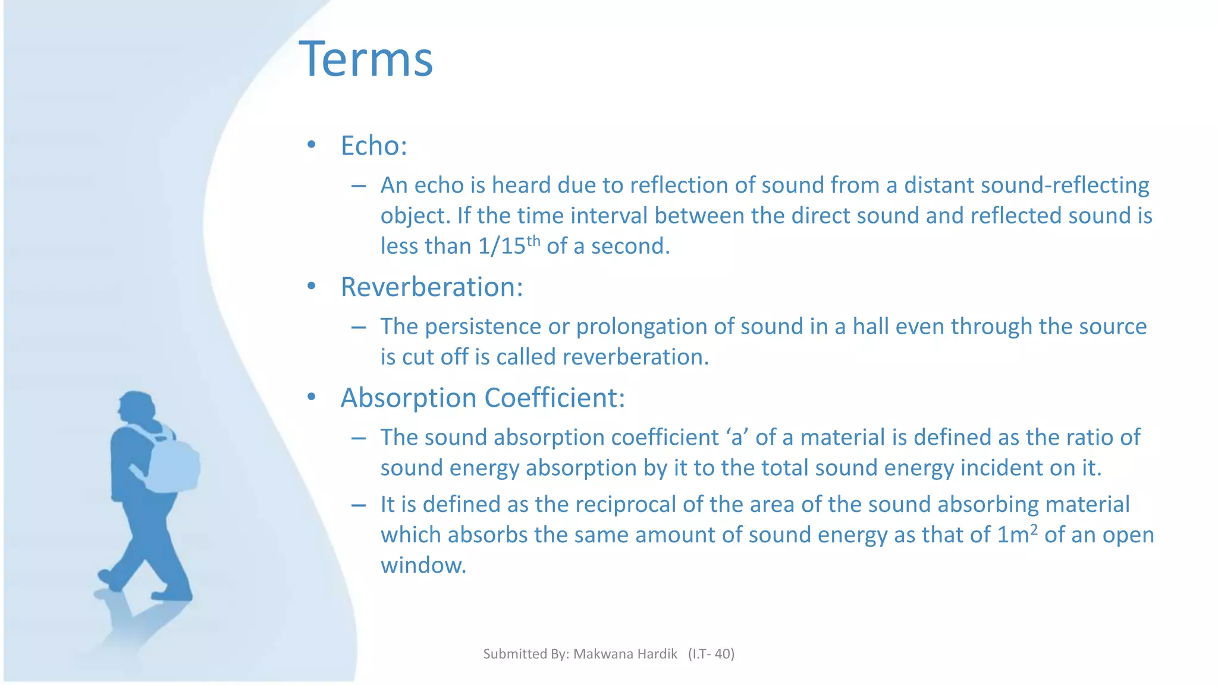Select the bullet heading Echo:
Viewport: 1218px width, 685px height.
[x=373, y=146]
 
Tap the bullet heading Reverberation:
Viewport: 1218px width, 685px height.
[x=431, y=287]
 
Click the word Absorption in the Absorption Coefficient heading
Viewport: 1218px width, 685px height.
[x=409, y=398]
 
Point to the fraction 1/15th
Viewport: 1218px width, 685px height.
[x=508, y=246]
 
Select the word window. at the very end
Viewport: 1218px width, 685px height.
[x=423, y=565]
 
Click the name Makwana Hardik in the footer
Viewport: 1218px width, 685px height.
[x=625, y=654]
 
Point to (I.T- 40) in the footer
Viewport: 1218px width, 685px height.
[x=711, y=654]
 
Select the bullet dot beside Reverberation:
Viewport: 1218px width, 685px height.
[x=311, y=287]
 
